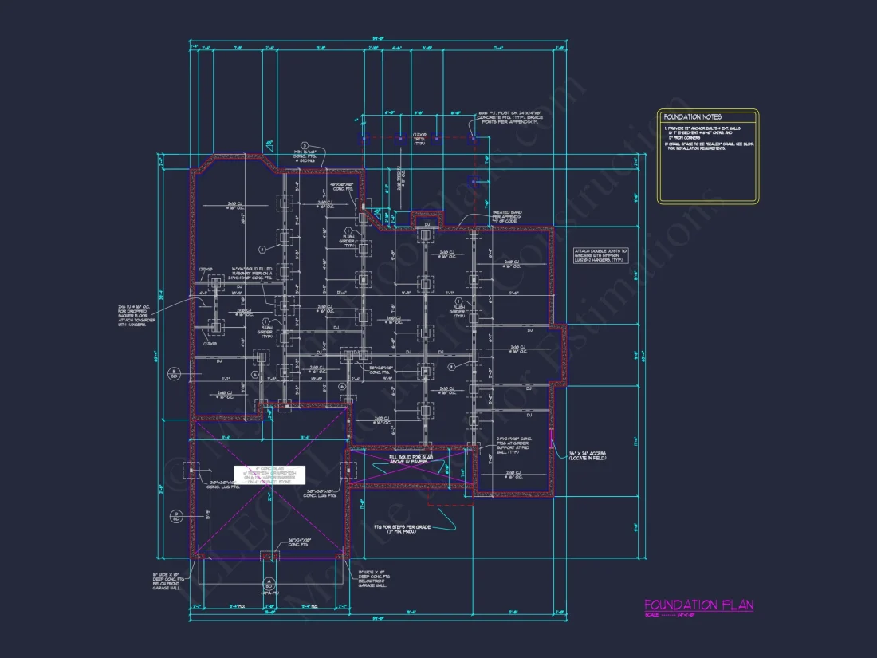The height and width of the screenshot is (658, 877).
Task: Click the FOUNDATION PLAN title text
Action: point(698,605)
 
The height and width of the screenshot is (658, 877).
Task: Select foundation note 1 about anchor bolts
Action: point(692,132)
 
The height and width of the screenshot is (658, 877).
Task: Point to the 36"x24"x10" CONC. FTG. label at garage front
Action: point(301,542)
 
